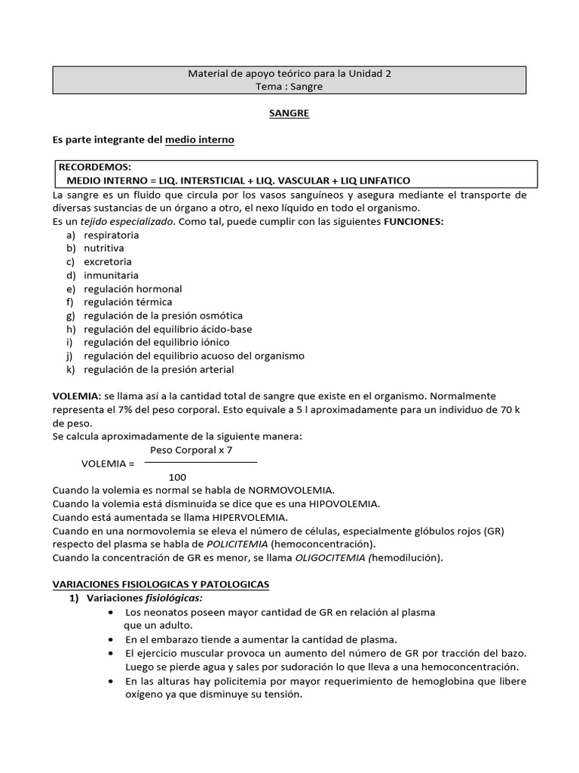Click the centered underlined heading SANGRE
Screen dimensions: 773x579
[x=289, y=113]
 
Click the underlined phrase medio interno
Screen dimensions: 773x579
[x=199, y=140]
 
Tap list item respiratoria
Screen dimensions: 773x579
[x=111, y=235]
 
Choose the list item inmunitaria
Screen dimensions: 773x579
[x=111, y=276]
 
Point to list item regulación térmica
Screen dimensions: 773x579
[x=127, y=302]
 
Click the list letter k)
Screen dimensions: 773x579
[x=71, y=369]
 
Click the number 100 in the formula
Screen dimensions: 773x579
[x=177, y=477]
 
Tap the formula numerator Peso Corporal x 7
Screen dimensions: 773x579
[x=191, y=449]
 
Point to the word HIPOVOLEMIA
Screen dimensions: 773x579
[x=338, y=504]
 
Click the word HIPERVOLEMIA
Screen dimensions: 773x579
[x=245, y=517]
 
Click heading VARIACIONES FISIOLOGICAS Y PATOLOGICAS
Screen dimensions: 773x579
[x=160, y=584]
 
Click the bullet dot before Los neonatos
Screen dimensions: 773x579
[x=112, y=612]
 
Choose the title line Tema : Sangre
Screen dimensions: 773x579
[x=289, y=87]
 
